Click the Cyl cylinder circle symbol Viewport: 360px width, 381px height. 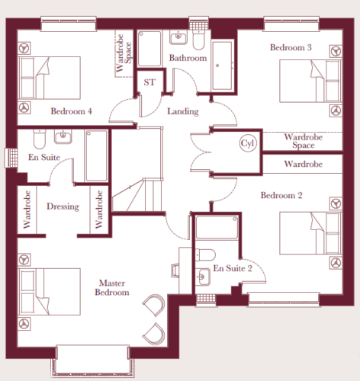(x=248, y=143)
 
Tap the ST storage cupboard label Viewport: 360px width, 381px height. (x=149, y=82)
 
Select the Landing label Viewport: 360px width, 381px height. (x=183, y=111)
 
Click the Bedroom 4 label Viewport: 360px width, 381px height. (x=72, y=111)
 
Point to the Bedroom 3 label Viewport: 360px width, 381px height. (x=291, y=47)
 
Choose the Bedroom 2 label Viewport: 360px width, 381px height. (x=281, y=195)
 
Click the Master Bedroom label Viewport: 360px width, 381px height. (x=112, y=287)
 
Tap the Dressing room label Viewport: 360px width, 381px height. (x=63, y=207)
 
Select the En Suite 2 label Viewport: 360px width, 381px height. (x=233, y=268)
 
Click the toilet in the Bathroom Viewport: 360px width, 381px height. (x=198, y=40)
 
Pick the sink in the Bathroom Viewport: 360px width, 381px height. (x=178, y=37)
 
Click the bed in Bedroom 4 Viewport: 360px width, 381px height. (x=50, y=78)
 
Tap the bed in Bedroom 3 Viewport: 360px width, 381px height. (x=310, y=82)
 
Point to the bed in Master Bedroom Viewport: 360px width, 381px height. (x=50, y=292)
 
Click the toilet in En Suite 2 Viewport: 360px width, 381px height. (x=205, y=255)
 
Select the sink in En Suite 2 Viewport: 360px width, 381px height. (x=203, y=277)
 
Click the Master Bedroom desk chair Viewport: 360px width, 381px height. (x=175, y=271)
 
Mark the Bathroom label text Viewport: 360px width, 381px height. (x=188, y=58)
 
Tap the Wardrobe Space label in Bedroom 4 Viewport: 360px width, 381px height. (x=124, y=53)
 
